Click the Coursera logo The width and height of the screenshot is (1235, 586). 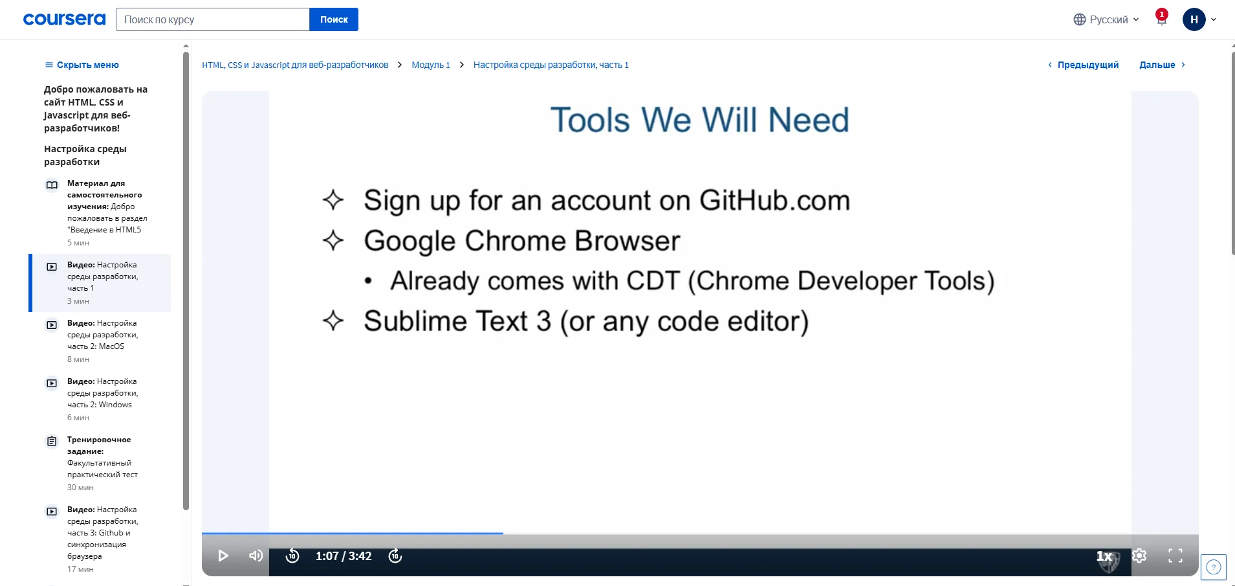click(x=64, y=19)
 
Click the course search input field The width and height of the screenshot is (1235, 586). click(x=213, y=19)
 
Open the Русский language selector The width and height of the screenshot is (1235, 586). click(x=1106, y=19)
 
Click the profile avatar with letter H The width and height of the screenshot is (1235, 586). click(x=1194, y=19)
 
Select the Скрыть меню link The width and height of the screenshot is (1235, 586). click(x=82, y=65)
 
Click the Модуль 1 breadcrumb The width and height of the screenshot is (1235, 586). click(x=431, y=65)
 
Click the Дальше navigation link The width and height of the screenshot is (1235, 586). click(x=1163, y=65)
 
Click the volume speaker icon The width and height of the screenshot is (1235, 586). click(x=256, y=556)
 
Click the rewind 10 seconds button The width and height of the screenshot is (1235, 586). click(x=292, y=556)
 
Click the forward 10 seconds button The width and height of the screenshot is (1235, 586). click(x=395, y=556)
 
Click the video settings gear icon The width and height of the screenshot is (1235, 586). click(x=1139, y=556)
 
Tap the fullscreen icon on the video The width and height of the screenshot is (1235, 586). click(x=1175, y=556)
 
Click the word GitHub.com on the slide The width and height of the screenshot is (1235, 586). click(x=774, y=201)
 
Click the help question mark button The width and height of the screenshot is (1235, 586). click(x=1214, y=568)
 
